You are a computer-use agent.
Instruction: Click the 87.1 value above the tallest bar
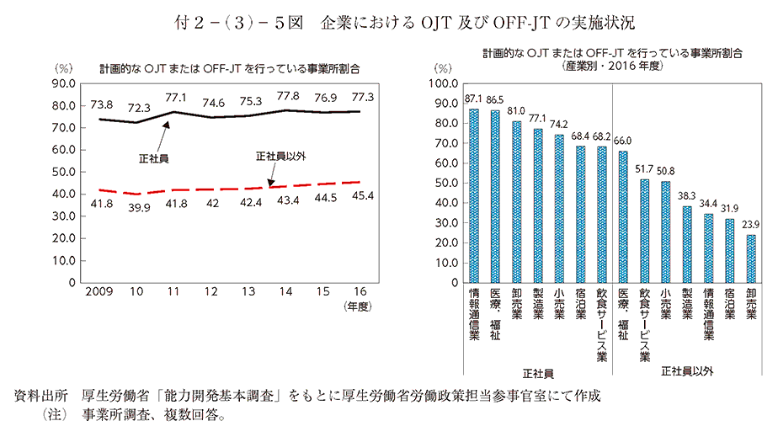pyautogui.click(x=473, y=99)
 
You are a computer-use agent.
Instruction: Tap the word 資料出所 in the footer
pyautogui.click(x=40, y=395)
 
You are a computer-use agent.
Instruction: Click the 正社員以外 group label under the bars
pyautogui.click(x=687, y=370)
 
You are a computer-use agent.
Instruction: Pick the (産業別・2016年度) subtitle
pyautogui.click(x=612, y=65)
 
